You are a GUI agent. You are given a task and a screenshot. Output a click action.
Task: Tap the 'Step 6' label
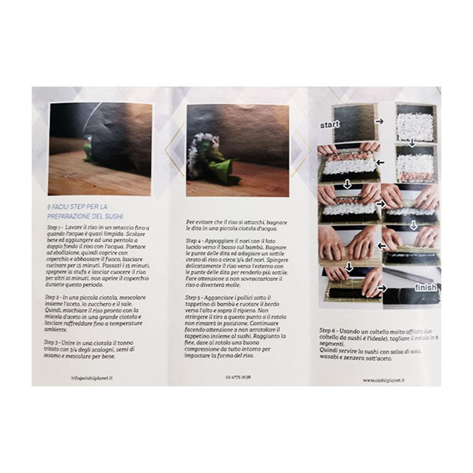coord(328,330)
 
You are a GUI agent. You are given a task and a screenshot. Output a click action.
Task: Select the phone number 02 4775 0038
coord(238,377)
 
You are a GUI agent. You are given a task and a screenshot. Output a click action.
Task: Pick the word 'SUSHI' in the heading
coord(113,216)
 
